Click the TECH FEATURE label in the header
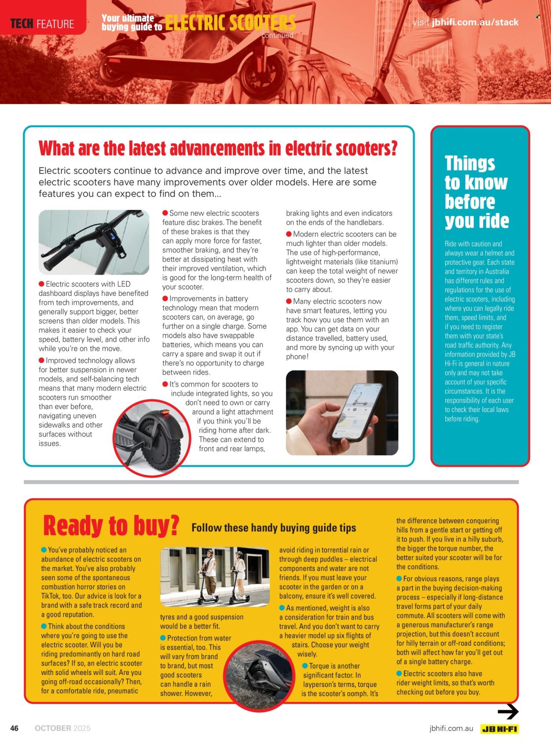42,23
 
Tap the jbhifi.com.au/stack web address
475,22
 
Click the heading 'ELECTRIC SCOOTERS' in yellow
230,23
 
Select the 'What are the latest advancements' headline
218,149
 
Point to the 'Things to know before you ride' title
476,192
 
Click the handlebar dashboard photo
94,242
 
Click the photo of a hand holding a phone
342,413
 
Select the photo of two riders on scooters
215,577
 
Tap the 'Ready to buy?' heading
111,525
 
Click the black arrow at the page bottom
508,711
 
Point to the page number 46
15,728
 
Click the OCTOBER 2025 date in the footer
63,728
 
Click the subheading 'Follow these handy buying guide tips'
274,528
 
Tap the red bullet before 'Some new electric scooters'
165,213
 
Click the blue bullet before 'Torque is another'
305,666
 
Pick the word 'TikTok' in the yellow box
52,596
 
